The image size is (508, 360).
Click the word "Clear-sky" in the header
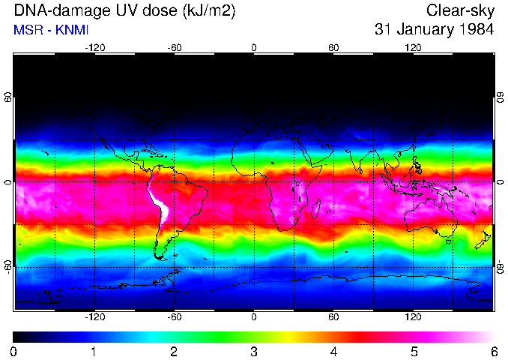(460, 10)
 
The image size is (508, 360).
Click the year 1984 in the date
(475, 30)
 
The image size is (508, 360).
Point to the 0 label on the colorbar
(14, 351)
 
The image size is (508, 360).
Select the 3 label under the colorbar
(253, 351)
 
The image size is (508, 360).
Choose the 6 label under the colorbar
(493, 351)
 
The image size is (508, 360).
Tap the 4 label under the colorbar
(333, 351)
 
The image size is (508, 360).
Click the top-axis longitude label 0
(254, 48)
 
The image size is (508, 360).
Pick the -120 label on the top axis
(94, 48)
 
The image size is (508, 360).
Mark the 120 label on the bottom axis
(413, 317)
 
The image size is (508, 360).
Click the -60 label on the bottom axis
(174, 317)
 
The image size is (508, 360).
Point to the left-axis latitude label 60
(8, 97)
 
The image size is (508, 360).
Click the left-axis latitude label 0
(8, 182)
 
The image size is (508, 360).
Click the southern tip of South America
(159, 257)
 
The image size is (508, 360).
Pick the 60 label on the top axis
(333, 48)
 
